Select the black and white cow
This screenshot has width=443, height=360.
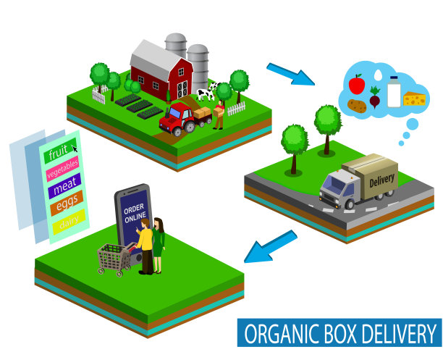click(x=206, y=93)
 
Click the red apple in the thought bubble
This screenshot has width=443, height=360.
click(x=356, y=85)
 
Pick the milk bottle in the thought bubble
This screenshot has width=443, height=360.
click(x=393, y=91)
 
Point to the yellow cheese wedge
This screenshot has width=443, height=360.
click(x=415, y=98)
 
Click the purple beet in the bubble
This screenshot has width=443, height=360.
click(x=375, y=96)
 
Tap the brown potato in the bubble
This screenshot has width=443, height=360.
click(x=357, y=106)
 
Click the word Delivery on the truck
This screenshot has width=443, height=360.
click(x=381, y=177)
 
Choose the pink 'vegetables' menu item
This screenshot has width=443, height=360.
click(x=61, y=172)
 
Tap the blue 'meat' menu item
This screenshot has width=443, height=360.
click(x=64, y=189)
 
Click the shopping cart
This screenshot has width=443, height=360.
click(x=114, y=257)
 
